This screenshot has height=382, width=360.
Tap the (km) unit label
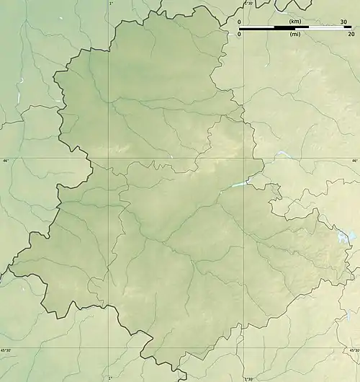tap(294, 22)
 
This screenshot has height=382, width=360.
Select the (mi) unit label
tap(294, 34)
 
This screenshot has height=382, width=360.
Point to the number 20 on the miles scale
tap(351, 34)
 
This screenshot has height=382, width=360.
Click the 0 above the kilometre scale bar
tap(239, 22)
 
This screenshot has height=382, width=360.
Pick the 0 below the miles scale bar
tap(239, 34)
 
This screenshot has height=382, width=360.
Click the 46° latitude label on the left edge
tap(5, 161)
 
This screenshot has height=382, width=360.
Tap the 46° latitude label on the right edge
tap(354, 161)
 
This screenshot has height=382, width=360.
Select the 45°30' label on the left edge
tap(6, 350)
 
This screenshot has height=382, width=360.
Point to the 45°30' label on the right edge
tap(353, 350)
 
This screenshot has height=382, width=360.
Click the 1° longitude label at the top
tap(110, 4)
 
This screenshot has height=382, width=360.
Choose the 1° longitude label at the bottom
tap(110, 378)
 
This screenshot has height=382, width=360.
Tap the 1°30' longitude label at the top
tap(249, 4)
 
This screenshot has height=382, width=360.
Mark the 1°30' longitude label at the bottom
tap(249, 378)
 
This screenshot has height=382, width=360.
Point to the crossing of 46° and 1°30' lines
tap(243, 159)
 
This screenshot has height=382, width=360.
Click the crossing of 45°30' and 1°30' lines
tap(243, 348)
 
